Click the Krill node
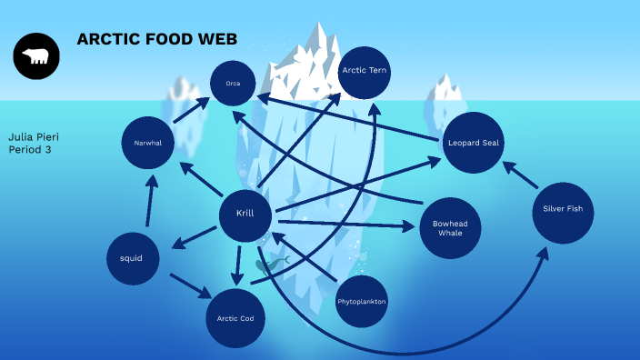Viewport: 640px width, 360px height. point(245,215)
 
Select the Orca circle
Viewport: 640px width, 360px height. point(234,85)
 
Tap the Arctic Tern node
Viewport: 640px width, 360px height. point(365,71)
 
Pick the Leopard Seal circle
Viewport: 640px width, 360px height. point(473,143)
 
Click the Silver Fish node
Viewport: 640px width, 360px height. point(563,210)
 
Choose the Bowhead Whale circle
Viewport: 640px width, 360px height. point(450,227)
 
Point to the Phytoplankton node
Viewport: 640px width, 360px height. point(362,301)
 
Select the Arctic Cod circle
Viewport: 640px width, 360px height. point(235,318)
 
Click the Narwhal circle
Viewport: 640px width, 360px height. point(148,144)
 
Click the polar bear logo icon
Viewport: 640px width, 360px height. point(36,56)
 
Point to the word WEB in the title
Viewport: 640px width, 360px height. point(217,39)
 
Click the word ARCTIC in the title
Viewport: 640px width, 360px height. point(104,39)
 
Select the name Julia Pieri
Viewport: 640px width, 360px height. point(33,136)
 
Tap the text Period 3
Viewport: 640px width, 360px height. point(29,149)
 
